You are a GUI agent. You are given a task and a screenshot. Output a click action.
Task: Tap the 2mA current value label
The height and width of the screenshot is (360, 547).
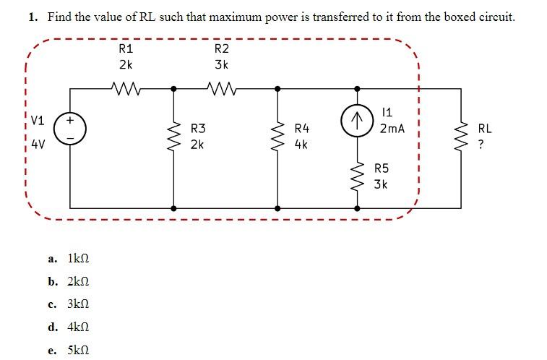tap(392, 128)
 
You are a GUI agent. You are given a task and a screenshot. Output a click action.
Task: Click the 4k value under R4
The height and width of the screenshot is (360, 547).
tap(301, 143)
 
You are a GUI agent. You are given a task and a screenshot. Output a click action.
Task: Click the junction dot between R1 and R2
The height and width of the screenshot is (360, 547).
tap(173, 88)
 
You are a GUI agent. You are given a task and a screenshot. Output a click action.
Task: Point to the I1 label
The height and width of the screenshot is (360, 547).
tap(387, 113)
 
